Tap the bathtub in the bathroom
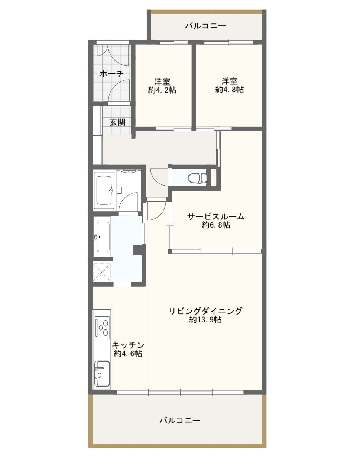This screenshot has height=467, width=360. point(105,190)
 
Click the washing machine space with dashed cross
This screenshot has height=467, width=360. point(102,272)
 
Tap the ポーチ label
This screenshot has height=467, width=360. point(112,74)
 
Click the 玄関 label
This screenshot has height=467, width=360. point(117,122)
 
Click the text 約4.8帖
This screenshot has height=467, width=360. point(230,89)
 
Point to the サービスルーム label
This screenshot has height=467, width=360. point(216,216)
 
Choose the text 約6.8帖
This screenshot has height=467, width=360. point(216,225)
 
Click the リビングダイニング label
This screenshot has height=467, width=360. point(206,311)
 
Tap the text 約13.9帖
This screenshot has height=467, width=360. point(205,320)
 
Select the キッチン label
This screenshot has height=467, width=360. point(128,345)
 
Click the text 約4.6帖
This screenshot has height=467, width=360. point(128,354)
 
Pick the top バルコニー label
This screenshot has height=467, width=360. point(206,26)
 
